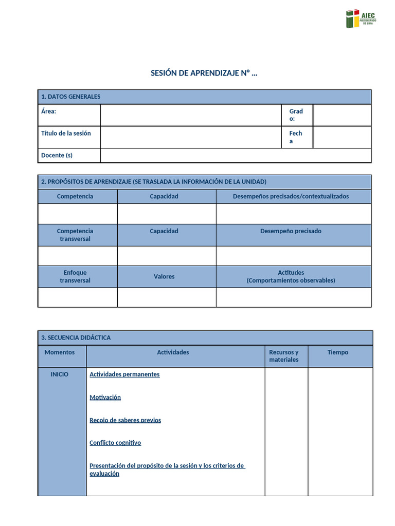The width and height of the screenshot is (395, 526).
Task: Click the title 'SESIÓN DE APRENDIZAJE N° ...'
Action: click(x=204, y=73)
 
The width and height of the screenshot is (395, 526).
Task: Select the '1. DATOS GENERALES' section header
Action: click(x=71, y=97)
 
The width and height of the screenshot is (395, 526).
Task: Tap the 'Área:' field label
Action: click(x=48, y=111)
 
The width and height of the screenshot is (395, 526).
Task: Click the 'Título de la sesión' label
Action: click(x=66, y=133)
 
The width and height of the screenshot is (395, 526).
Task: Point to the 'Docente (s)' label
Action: click(x=57, y=155)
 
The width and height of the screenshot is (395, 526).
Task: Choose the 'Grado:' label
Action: click(x=296, y=115)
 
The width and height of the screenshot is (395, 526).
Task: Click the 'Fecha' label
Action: click(x=295, y=137)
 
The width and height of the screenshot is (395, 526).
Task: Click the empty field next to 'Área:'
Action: click(x=191, y=115)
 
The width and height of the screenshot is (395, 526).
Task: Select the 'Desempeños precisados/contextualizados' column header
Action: click(x=291, y=196)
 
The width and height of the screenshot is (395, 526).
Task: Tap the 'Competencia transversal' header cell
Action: click(x=75, y=235)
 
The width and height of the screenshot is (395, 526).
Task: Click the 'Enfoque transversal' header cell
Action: click(x=75, y=276)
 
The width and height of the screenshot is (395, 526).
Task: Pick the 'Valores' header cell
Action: click(x=164, y=276)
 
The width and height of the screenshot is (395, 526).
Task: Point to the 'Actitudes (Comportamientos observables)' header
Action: click(x=291, y=276)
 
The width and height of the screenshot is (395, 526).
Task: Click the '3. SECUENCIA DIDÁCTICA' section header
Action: click(x=76, y=337)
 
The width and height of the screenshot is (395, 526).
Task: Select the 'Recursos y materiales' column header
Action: click(x=284, y=356)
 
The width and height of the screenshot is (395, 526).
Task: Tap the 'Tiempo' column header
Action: click(x=337, y=352)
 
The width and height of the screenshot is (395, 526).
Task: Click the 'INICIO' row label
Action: click(x=59, y=374)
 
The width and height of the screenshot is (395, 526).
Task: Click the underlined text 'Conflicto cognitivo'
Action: click(x=115, y=443)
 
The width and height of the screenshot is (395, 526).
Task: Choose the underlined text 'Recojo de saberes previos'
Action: click(x=125, y=420)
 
